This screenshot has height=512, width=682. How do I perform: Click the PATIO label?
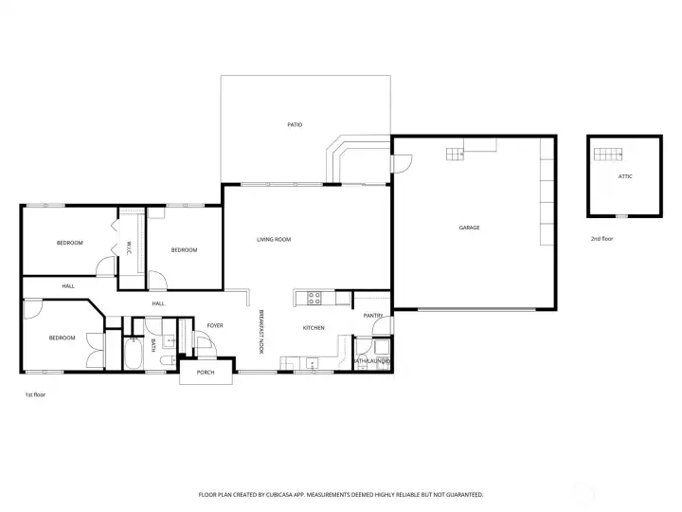tap(295, 124)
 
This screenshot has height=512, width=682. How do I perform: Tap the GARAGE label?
tap(469, 228)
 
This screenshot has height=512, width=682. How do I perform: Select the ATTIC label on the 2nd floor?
tap(625, 176)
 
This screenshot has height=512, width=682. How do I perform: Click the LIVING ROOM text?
tap(274, 239)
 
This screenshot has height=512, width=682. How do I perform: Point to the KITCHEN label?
tap(314, 328)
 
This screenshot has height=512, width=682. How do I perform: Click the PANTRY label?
tap(373, 315)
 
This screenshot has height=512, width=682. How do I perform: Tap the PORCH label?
tap(206, 373)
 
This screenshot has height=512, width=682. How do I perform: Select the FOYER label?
tap(215, 325)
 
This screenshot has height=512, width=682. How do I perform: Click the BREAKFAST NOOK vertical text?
tap(261, 332)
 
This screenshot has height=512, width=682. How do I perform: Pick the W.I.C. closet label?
tap(129, 248)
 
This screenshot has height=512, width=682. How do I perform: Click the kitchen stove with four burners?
tap(314, 299)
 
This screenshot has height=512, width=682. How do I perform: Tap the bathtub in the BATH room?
tap(134, 354)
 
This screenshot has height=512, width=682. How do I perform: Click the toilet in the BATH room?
tap(168, 360)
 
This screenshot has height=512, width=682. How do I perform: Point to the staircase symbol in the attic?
tap(608, 155)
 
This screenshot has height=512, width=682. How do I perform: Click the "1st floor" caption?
tap(35, 394)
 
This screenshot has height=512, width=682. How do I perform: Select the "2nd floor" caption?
tap(602, 239)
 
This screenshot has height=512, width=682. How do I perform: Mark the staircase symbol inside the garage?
tap(455, 155)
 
